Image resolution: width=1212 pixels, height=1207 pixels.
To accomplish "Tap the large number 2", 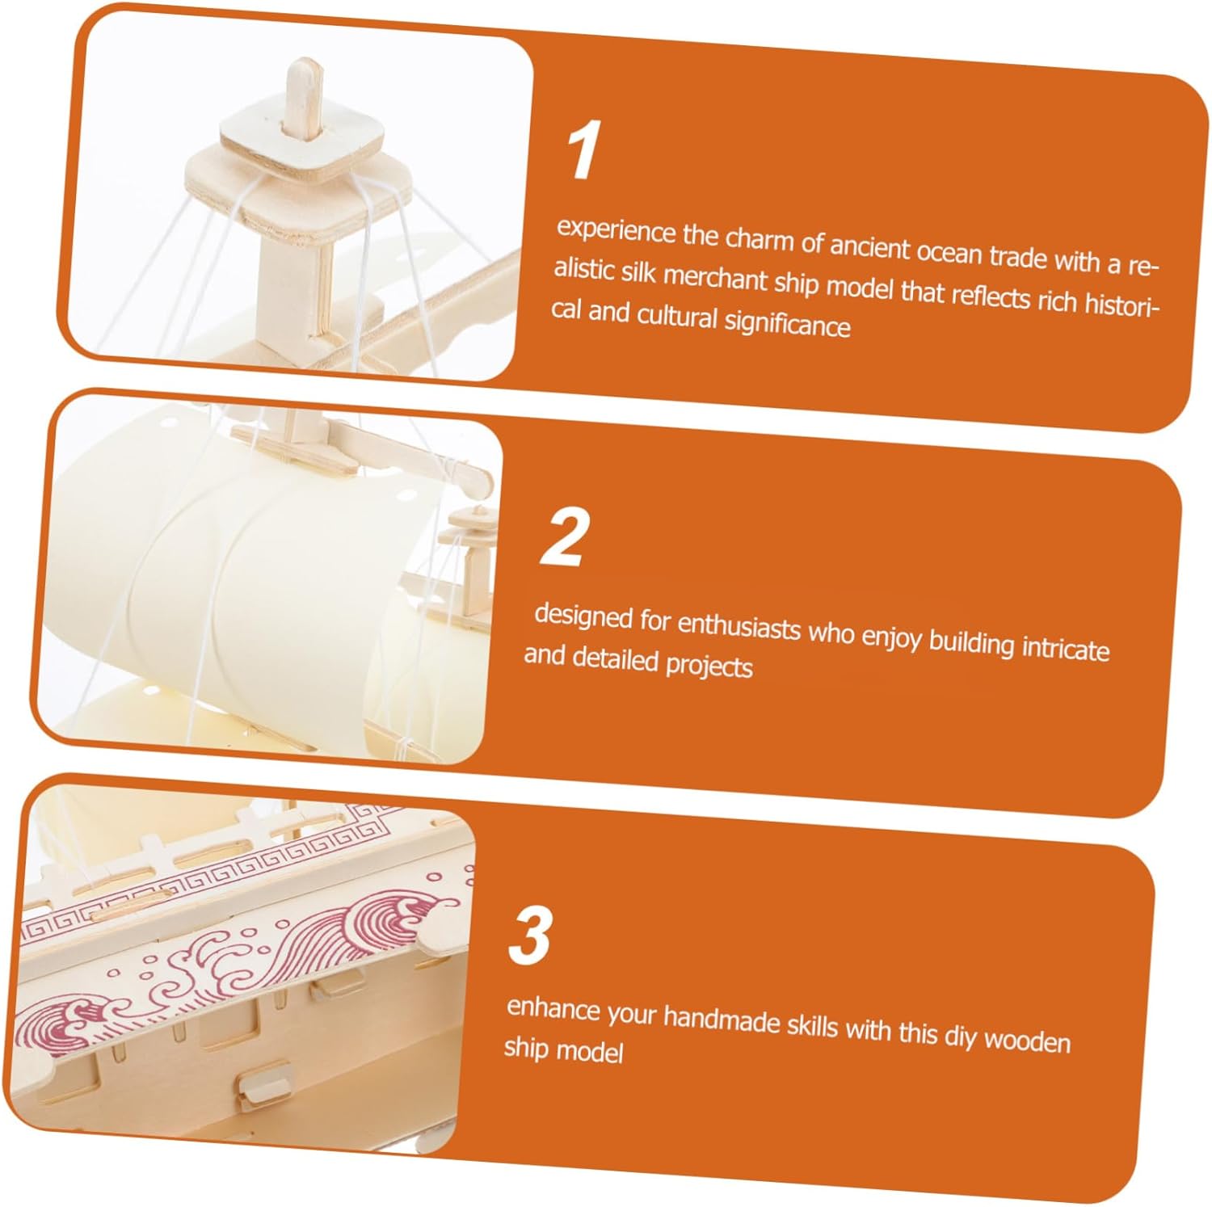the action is point(563,538).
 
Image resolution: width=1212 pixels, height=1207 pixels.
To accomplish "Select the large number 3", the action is point(530,936).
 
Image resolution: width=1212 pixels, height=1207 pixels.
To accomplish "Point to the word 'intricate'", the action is point(1066,648).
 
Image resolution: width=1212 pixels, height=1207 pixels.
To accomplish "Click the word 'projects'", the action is point(709,666).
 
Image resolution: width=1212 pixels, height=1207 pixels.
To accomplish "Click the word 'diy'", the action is point(960,1036).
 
